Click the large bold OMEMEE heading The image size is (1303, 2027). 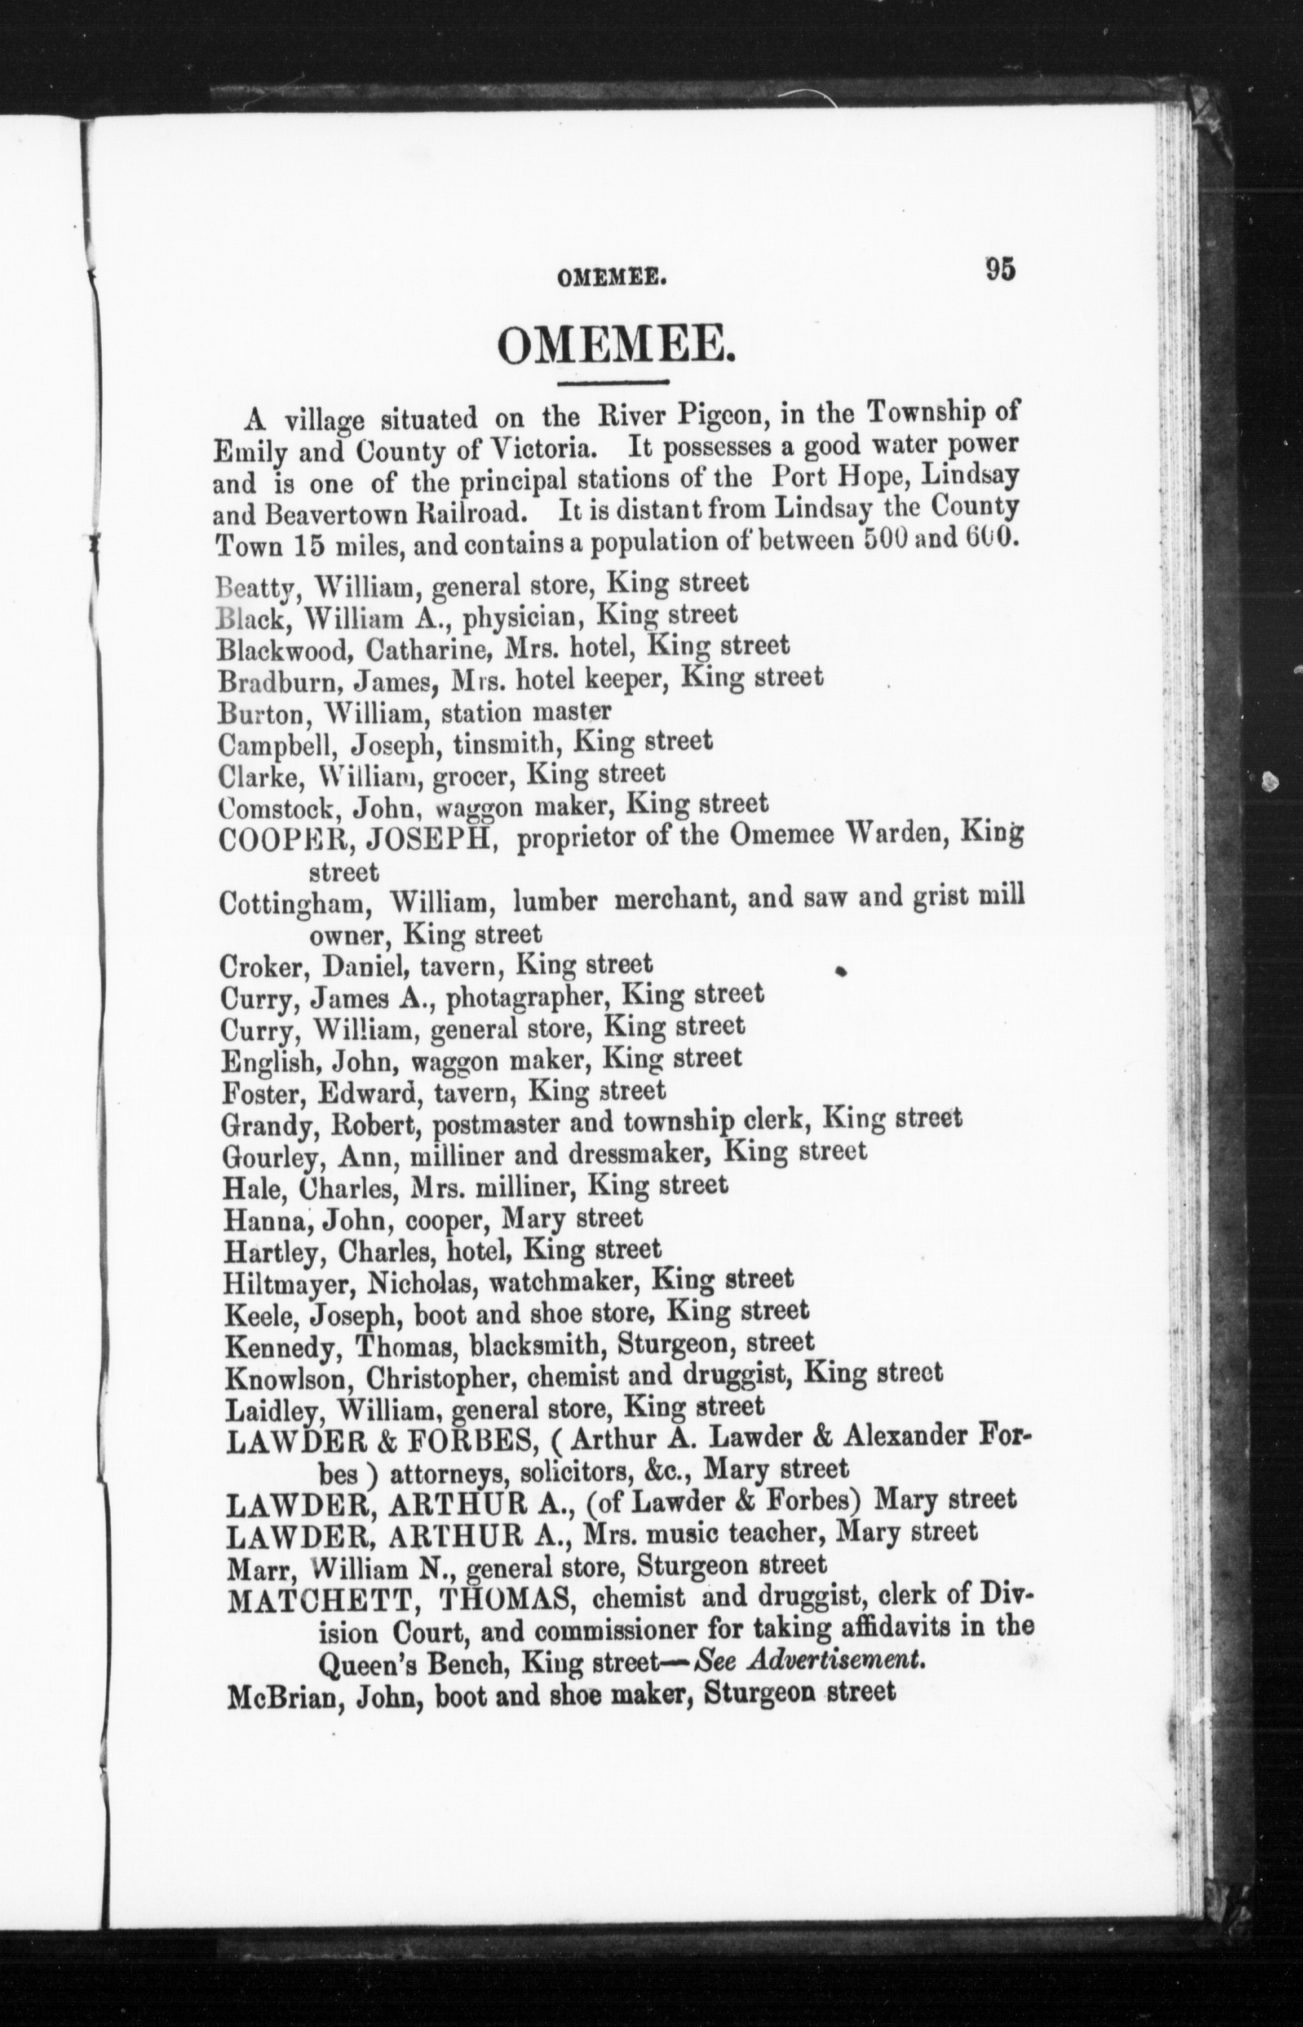pyautogui.click(x=614, y=347)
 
